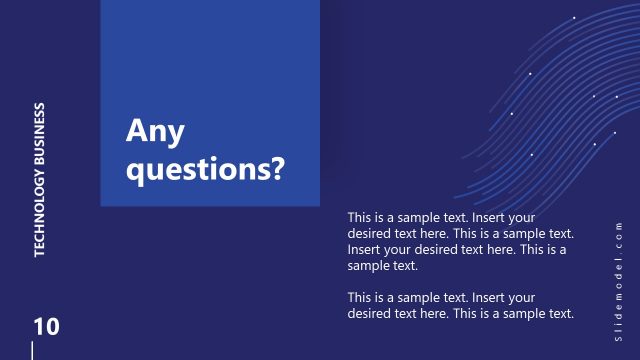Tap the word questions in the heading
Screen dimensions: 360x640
click(x=197, y=167)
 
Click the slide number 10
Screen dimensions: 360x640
click(x=46, y=326)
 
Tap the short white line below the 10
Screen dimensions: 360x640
click(x=33, y=350)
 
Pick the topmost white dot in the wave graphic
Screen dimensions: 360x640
click(x=574, y=18)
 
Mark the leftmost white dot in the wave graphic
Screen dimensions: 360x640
click(x=512, y=113)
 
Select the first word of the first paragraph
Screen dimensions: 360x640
click(x=361, y=217)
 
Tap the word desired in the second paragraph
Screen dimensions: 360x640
click(x=370, y=314)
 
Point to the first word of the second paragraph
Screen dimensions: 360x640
click(x=361, y=298)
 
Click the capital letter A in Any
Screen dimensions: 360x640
click(x=136, y=131)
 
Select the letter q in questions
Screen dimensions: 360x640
click(x=135, y=169)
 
